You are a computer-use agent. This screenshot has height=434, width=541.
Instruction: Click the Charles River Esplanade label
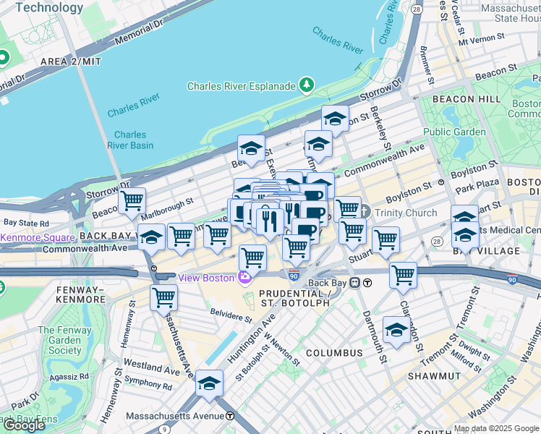pyautogui.click(x=241, y=86)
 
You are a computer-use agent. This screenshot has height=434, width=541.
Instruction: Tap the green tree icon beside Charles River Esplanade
pyautogui.click(x=308, y=86)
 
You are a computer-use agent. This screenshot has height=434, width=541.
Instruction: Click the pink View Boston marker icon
pyautogui.click(x=246, y=278)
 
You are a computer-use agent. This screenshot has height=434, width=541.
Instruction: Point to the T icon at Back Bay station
pyautogui.click(x=368, y=283)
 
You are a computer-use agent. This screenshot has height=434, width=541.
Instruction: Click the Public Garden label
pyautogui.click(x=454, y=132)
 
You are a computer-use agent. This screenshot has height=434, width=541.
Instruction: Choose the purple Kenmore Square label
pyautogui.click(x=38, y=237)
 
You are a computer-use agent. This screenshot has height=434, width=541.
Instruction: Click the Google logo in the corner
pyautogui.click(x=23, y=425)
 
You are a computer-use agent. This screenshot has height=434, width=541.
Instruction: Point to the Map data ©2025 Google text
pyautogui.click(x=496, y=428)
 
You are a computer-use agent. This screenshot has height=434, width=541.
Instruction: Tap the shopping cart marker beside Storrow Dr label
pyautogui.click(x=132, y=201)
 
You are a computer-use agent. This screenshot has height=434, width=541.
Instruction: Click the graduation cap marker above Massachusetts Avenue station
pyautogui.click(x=210, y=383)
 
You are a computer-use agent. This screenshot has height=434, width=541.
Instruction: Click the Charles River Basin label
pyautogui.click(x=130, y=140)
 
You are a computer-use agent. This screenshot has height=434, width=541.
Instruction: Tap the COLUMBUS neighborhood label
pyautogui.click(x=333, y=353)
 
